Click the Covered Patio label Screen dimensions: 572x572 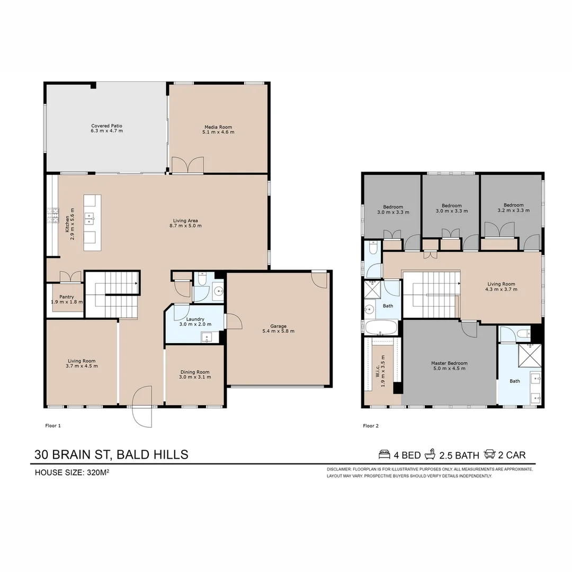tap(106, 126)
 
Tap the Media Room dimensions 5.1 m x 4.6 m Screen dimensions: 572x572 tap(218, 132)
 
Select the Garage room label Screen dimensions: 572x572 tap(278, 326)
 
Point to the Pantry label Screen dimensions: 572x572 tap(67, 297)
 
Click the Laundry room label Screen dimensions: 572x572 tap(195, 319)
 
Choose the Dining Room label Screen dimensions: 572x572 tap(195, 372)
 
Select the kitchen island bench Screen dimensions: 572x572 tap(92, 222)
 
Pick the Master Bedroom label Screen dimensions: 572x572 tap(449, 363)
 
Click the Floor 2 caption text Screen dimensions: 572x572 tap(370, 425)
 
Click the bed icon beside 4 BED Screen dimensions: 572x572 tap(385, 454)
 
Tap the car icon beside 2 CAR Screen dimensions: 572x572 tap(489, 454)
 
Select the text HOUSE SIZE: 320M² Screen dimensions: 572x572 tap(71, 472)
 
